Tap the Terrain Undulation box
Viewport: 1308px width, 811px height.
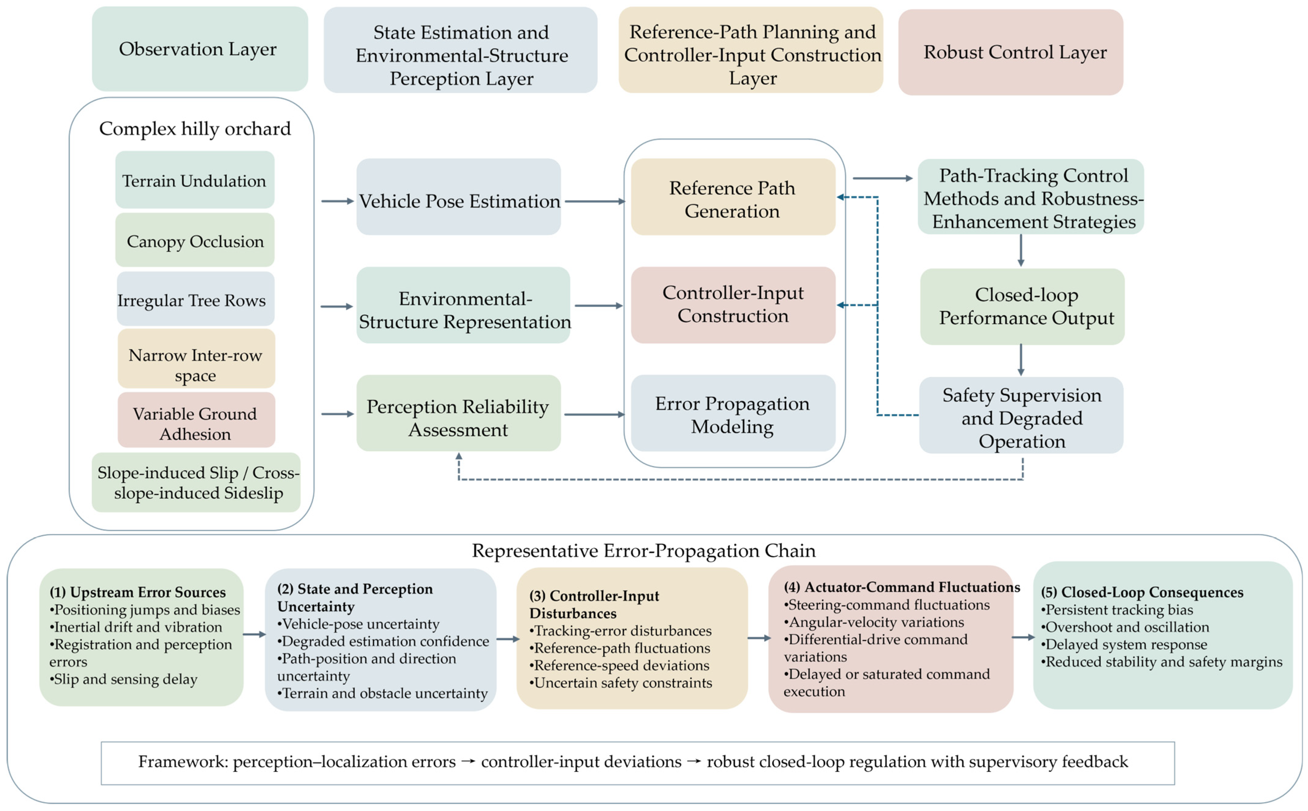pos(195,180)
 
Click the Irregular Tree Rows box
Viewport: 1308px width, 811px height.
pos(195,299)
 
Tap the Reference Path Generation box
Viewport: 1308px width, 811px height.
pos(733,197)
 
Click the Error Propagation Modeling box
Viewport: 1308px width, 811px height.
pos(733,413)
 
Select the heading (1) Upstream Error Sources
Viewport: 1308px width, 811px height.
pos(138,592)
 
